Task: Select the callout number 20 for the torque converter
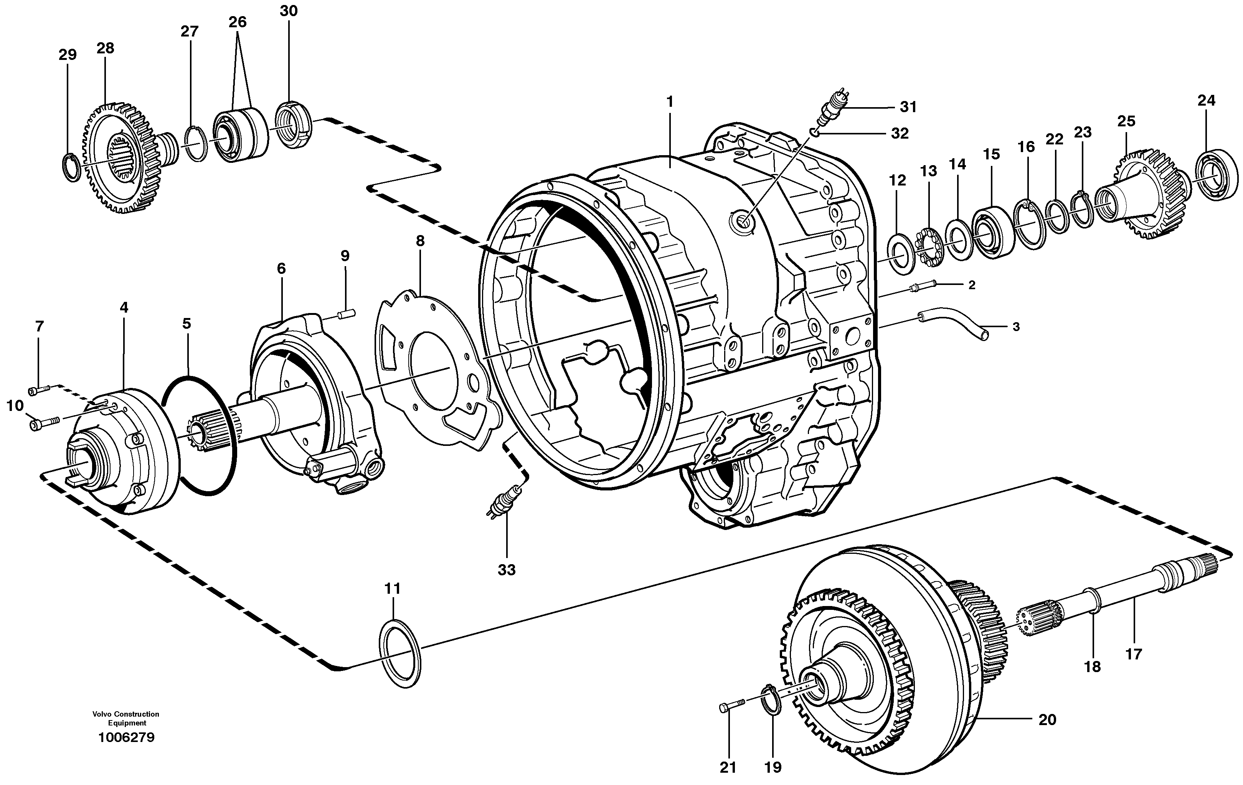1047,719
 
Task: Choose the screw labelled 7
40,391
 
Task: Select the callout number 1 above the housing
670,102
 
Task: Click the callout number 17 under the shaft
1134,654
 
